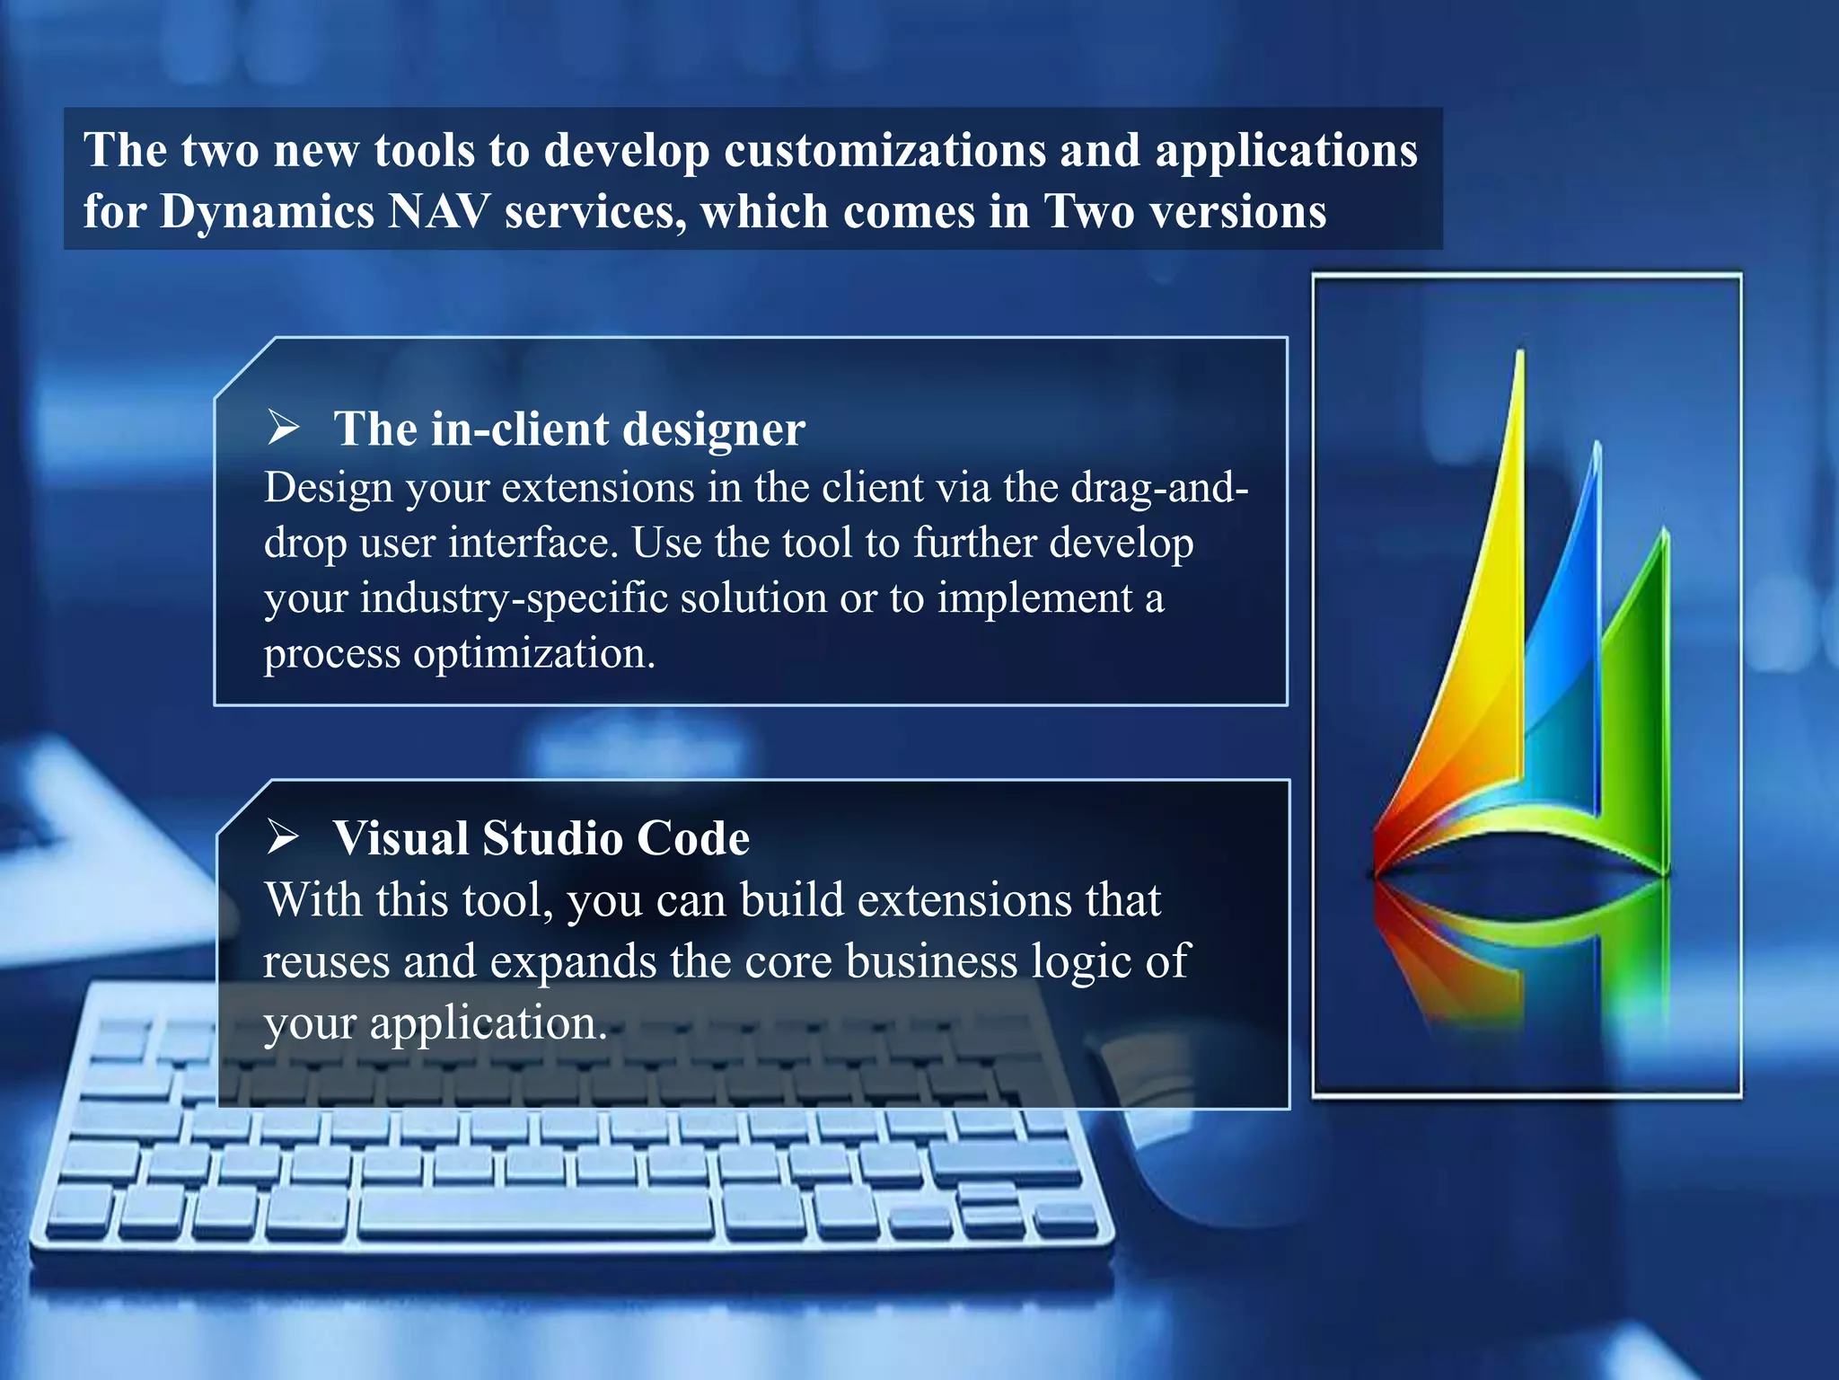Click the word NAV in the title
point(439,212)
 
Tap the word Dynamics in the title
point(267,212)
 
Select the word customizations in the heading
point(884,150)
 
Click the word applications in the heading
point(1286,150)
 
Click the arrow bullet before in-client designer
point(283,427)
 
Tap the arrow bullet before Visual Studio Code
point(283,836)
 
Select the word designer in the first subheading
point(713,429)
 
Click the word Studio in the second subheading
point(550,838)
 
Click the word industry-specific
point(514,598)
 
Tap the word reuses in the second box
point(326,961)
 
